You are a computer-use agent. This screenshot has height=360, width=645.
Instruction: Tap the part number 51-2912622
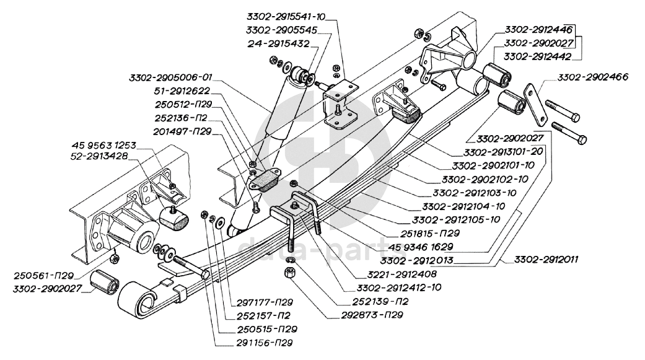click(183, 90)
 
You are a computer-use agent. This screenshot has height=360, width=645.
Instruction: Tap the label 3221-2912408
click(401, 273)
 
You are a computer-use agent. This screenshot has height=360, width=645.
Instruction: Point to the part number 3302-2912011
click(545, 260)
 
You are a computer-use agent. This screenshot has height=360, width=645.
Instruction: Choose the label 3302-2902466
click(592, 77)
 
